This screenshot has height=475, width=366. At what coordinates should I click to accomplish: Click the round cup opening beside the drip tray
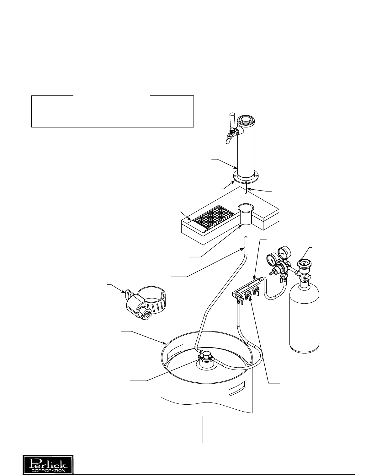[246, 207]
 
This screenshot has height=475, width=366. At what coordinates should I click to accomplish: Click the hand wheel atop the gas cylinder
[304, 263]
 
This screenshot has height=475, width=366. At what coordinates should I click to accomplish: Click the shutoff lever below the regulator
[282, 278]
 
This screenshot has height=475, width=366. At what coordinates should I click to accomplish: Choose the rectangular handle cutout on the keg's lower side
[237, 388]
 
